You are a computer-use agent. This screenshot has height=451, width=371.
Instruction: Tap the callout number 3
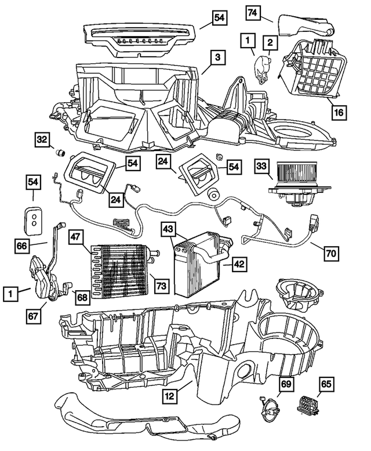[216, 58]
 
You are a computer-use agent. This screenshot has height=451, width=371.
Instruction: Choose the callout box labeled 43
[168, 230]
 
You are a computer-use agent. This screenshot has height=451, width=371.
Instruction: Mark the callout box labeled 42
[239, 264]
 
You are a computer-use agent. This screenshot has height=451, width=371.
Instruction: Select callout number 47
[77, 238]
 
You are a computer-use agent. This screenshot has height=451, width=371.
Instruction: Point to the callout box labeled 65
[326, 384]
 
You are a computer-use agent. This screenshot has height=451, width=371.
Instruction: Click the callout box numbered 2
[269, 42]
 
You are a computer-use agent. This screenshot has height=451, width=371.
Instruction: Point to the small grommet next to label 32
[59, 153]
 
